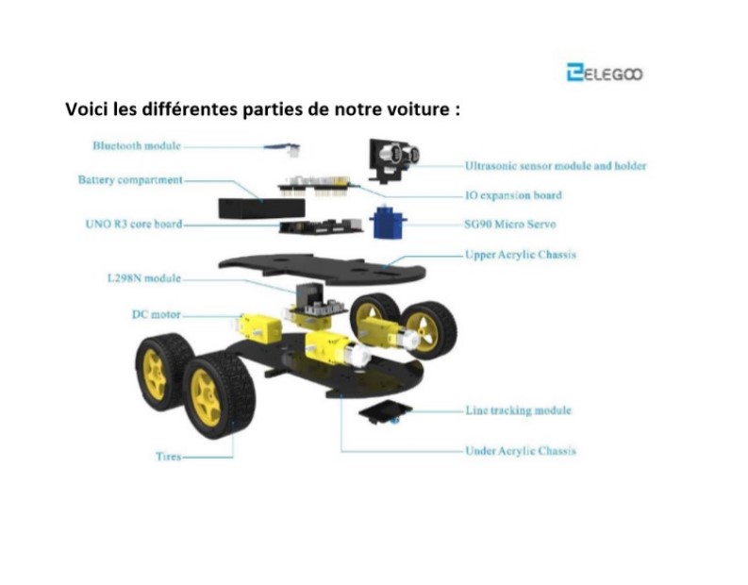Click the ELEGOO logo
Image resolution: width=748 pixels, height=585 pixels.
tap(605, 73)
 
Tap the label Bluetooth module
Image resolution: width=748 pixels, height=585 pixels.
tap(137, 145)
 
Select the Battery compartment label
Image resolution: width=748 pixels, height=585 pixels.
tap(130, 180)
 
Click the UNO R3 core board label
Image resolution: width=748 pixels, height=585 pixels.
tap(134, 224)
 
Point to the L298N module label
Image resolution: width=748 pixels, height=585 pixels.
tap(144, 278)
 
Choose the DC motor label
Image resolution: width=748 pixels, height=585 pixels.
tap(157, 314)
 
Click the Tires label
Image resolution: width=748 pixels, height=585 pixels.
tap(169, 457)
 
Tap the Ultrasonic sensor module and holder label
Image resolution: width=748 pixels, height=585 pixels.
tap(556, 166)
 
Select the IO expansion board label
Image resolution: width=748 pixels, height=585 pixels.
tap(513, 195)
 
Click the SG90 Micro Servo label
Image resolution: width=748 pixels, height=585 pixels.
tap(510, 225)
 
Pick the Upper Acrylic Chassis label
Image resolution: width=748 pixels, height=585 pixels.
tap(521, 255)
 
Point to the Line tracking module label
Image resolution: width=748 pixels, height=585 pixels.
tap(519, 410)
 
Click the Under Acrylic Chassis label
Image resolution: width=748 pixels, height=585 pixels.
tap(521, 451)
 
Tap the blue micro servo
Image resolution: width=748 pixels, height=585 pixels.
tap(388, 223)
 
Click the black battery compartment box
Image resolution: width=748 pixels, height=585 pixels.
tap(261, 209)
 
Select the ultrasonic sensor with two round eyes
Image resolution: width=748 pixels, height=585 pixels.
tap(393, 159)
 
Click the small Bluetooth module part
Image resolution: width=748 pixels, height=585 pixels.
tap(284, 149)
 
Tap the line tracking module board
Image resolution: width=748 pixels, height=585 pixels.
tap(385, 412)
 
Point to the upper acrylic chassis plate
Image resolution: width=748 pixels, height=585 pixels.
tap(322, 269)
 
